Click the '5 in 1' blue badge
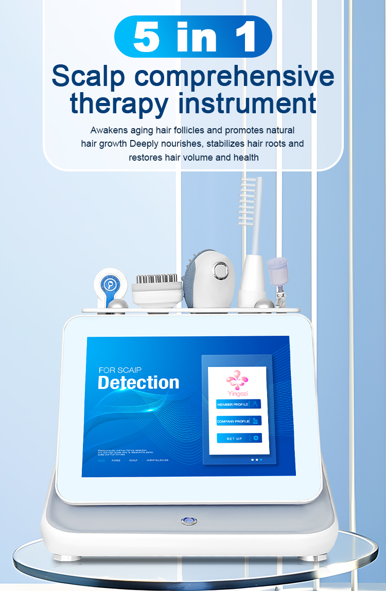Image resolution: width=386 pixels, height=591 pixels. [x=193, y=36]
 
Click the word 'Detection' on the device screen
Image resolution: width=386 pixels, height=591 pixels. [x=138, y=383]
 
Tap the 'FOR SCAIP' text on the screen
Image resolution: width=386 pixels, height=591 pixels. [x=119, y=370]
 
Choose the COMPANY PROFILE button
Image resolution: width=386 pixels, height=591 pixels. [x=239, y=421]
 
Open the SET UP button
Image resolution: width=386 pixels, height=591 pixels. [x=239, y=438]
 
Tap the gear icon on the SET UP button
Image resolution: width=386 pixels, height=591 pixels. [x=256, y=438]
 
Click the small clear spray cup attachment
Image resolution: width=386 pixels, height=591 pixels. [x=278, y=272]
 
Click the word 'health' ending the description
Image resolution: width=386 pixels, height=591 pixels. [x=247, y=158]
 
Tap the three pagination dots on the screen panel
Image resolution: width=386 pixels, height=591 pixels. [x=256, y=459]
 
